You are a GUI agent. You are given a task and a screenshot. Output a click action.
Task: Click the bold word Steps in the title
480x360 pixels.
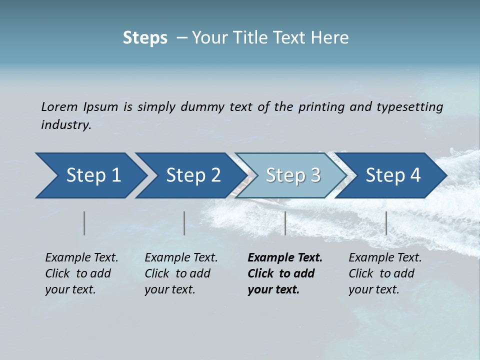tap(145, 38)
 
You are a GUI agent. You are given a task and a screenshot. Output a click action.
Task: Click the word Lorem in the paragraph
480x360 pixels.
tap(59, 107)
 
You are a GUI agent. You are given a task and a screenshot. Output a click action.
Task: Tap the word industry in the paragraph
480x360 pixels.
tap(65, 125)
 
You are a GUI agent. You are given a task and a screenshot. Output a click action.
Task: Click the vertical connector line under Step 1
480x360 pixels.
tap(84, 223)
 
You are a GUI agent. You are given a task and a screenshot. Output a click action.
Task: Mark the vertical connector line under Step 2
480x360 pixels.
tap(184, 223)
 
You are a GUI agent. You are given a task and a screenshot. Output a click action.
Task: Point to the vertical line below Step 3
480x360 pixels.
tap(285, 223)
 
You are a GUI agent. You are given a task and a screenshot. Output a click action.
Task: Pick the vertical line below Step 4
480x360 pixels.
tap(386, 223)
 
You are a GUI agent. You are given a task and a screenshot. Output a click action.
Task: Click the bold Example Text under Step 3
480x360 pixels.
tap(285, 258)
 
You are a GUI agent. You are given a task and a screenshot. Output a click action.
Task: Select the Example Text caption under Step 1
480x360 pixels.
tap(81, 258)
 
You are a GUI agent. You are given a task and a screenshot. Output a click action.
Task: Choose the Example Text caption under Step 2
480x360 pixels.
tap(181, 258)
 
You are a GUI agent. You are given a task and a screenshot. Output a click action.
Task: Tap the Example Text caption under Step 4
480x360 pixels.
tap(385, 258)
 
